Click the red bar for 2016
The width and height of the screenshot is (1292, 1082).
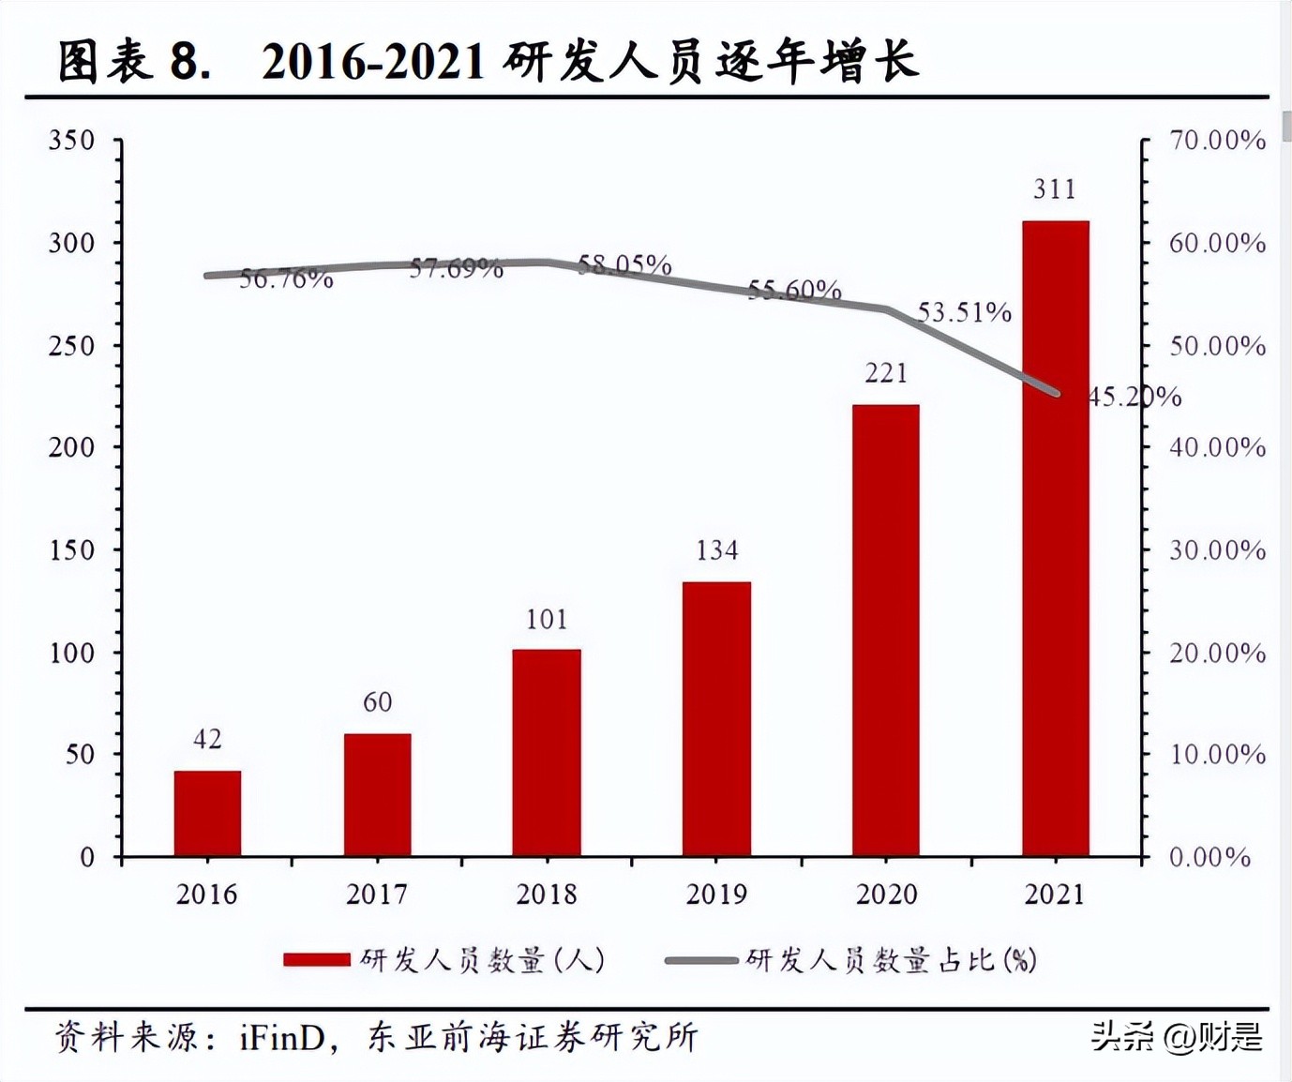(207, 813)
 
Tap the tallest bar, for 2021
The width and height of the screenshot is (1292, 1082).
(1056, 538)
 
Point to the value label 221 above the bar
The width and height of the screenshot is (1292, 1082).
(886, 373)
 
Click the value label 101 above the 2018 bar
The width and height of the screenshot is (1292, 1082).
(547, 620)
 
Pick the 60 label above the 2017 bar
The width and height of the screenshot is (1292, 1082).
(377, 702)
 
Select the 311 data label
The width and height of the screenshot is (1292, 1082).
(1055, 189)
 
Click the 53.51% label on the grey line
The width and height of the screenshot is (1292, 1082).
(964, 312)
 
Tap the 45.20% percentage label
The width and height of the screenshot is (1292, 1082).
(1134, 397)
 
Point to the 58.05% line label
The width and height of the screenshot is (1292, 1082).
(624, 265)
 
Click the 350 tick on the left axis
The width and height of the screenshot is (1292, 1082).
(72, 141)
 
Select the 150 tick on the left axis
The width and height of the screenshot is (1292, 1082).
(72, 550)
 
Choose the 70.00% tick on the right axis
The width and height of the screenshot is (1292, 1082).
(1217, 141)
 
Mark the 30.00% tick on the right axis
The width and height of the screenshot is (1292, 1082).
(1217, 550)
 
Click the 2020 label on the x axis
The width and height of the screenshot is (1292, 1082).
(886, 894)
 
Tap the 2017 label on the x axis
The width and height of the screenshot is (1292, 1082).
(377, 894)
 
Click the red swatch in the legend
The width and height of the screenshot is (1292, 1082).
(316, 960)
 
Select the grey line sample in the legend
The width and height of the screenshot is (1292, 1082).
(700, 960)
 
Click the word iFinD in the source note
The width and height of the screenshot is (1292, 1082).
(282, 1038)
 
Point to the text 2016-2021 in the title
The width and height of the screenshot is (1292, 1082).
(373, 63)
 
